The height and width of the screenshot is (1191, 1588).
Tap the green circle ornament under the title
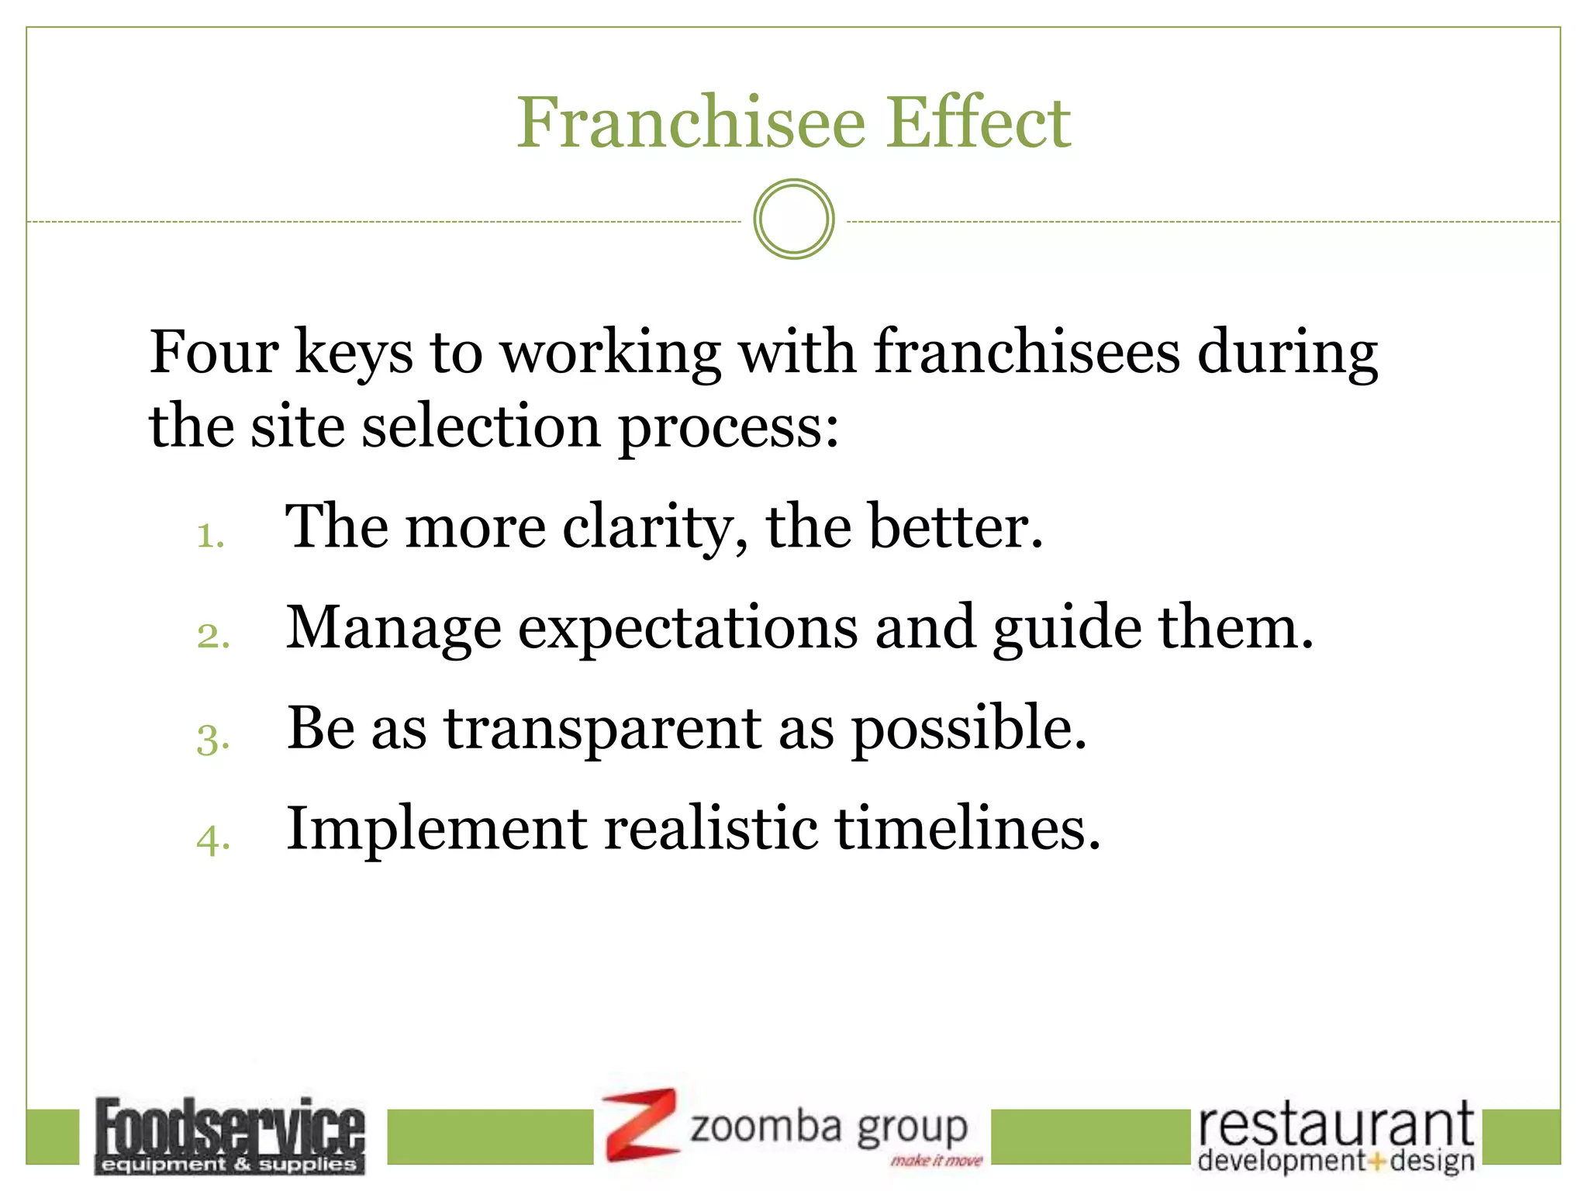click(793, 219)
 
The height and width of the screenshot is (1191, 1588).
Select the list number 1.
click(209, 536)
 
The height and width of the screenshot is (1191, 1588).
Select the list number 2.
click(212, 636)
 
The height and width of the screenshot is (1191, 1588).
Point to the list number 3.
click(212, 737)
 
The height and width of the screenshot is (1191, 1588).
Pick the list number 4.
click(212, 838)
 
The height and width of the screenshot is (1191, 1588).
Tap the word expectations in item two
click(688, 629)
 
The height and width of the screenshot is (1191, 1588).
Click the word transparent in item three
click(602, 729)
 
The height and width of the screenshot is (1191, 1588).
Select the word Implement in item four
click(436, 829)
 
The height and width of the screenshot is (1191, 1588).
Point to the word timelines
click(967, 829)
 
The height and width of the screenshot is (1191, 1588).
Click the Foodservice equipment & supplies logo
click(230, 1135)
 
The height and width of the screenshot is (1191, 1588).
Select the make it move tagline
click(936, 1161)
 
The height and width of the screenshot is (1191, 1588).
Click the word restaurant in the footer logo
click(1335, 1126)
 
